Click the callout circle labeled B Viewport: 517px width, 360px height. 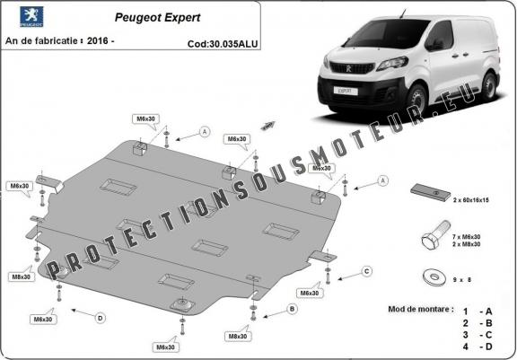coord(292,309)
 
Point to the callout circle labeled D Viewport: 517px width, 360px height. coord(100,316)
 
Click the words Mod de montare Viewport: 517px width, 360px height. coord(416,308)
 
